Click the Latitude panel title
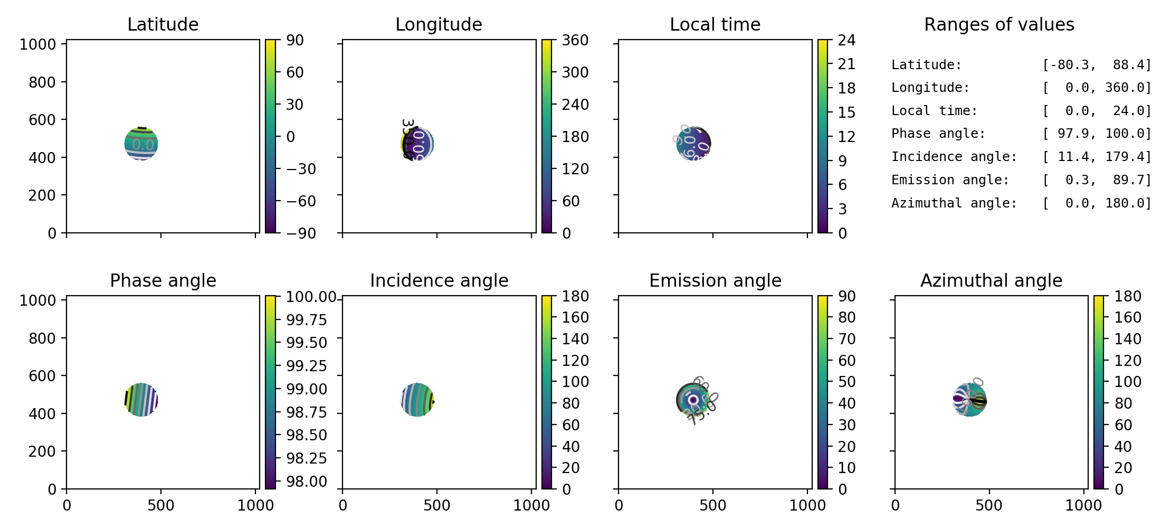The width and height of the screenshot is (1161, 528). pos(163,24)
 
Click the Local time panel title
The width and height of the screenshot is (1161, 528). pos(715,24)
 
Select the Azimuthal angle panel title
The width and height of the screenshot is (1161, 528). pos(991,280)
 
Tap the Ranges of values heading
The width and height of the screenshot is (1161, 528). pos(999,24)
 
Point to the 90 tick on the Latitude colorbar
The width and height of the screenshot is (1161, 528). pos(295,40)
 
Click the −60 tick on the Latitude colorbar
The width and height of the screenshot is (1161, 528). pos(301,201)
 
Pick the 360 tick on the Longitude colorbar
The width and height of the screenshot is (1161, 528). pos(575,40)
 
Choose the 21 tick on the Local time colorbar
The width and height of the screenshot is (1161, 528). pos(846,64)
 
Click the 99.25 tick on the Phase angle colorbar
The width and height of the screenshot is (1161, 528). pos(307,365)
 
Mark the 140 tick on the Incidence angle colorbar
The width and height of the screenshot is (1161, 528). pos(575,339)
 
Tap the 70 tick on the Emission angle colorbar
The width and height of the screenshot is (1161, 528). pos(846,339)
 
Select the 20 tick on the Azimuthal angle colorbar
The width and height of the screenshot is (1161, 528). pos(1122,468)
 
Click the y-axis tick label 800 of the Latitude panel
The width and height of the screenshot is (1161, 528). pos(42,82)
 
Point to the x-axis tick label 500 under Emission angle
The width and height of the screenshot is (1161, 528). pos(713,505)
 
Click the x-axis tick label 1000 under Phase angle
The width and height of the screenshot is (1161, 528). pos(255,505)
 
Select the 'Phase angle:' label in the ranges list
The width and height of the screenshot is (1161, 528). pos(938,134)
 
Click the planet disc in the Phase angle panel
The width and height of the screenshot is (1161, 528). pos(141,400)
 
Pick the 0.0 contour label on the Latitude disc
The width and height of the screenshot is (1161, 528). pos(143,145)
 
